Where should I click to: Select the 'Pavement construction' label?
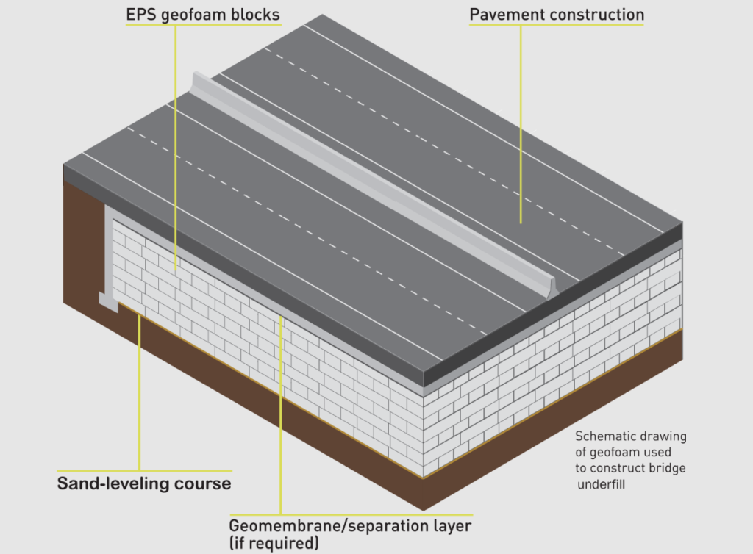click(557, 15)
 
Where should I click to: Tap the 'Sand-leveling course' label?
click(144, 483)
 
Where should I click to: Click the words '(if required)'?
click(274, 544)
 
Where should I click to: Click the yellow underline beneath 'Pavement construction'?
click(557, 26)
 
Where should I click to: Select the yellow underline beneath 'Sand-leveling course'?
click(144, 470)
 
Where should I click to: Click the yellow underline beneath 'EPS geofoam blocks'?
click(204, 25)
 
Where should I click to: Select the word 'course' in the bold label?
click(207, 483)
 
